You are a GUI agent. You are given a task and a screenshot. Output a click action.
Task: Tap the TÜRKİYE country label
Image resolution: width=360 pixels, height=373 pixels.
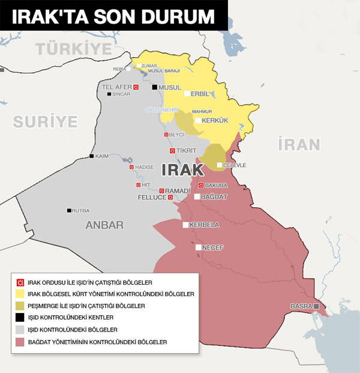click(x=74, y=48)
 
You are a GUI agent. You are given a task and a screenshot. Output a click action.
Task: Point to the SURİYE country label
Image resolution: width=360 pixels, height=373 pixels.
click(x=46, y=122)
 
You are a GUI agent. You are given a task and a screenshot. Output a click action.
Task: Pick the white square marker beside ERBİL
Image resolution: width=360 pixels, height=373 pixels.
click(x=187, y=94)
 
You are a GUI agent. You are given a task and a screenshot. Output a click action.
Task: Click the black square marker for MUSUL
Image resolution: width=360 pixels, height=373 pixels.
click(x=154, y=87)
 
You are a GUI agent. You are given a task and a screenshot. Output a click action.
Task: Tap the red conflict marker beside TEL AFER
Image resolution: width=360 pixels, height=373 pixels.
click(x=136, y=87)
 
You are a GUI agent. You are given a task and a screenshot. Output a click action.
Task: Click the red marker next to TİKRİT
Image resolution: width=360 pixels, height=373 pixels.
click(x=172, y=150)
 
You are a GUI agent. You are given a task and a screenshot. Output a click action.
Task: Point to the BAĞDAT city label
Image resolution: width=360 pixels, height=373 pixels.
click(x=215, y=196)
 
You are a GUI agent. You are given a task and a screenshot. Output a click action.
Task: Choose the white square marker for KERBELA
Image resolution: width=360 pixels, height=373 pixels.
click(x=185, y=225)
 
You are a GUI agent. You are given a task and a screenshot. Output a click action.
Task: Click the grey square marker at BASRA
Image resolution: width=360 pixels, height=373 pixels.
click(x=316, y=306)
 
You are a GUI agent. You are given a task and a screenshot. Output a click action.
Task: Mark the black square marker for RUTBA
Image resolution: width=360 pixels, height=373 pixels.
click(x=69, y=210)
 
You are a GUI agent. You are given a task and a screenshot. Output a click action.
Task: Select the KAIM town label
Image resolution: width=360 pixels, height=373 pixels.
click(x=102, y=156)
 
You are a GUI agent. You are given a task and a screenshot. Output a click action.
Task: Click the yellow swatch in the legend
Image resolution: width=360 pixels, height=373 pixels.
click(x=20, y=294)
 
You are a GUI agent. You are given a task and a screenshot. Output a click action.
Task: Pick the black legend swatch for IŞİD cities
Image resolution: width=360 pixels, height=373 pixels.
click(x=20, y=318)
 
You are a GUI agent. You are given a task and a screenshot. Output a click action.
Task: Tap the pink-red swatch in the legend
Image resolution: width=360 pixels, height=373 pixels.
click(x=20, y=342)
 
